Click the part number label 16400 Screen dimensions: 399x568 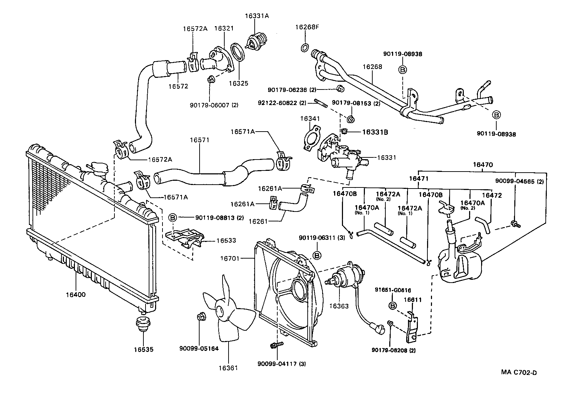coord(75,295)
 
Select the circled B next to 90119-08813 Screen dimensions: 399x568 coord(172,218)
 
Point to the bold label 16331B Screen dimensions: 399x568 coord(375,132)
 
